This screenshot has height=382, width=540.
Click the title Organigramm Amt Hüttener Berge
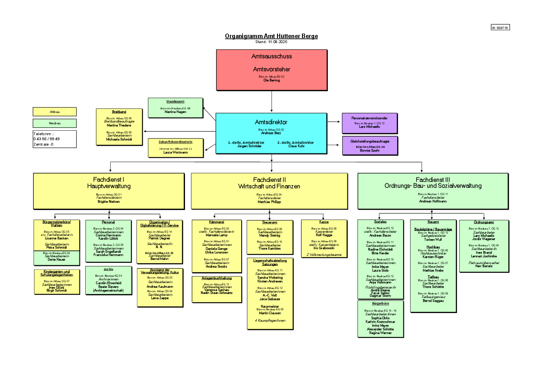coord(271,36)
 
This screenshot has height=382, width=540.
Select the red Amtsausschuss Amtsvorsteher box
coord(271,70)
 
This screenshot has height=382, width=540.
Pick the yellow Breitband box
coord(119,127)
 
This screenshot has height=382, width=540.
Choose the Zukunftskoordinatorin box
coord(175,148)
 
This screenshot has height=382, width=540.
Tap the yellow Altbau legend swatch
coord(54,112)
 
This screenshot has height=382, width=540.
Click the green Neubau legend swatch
coord(54,123)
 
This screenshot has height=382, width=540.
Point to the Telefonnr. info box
coord(54,139)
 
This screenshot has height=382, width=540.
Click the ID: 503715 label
coord(500,28)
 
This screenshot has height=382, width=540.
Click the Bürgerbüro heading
coord(380,303)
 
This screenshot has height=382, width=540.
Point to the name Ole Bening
coord(271,80)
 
